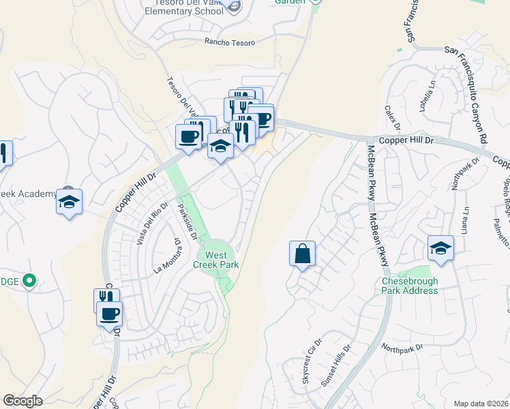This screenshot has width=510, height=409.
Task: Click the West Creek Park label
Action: (215, 260)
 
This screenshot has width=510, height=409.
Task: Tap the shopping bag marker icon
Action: (302, 254)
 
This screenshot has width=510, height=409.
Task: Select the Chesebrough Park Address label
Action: (409, 286)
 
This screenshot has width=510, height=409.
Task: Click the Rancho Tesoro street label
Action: (230, 42)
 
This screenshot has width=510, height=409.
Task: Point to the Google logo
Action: (22, 401)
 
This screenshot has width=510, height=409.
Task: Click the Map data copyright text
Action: (481, 403)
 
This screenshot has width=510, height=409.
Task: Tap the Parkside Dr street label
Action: (187, 222)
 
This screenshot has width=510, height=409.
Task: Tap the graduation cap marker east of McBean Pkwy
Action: (440, 248)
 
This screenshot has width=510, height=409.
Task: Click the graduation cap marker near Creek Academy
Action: (69, 202)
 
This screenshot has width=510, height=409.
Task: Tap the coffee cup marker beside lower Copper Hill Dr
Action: (109, 314)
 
